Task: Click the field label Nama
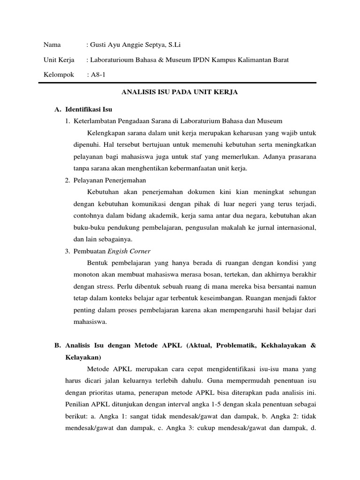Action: coord(52,45)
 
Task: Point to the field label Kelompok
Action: coord(59,75)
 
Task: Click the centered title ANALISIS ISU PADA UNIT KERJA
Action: coord(180,92)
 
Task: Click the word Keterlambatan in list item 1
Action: coord(95,121)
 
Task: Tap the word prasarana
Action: coord(299,157)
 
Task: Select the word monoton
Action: coord(87,274)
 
